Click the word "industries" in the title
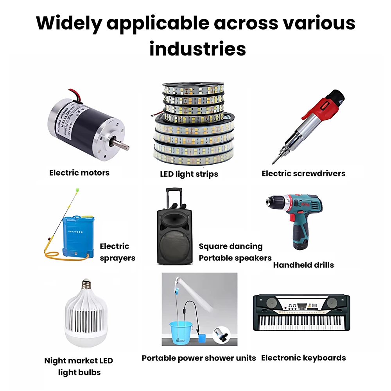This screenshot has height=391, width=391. pos(197,49)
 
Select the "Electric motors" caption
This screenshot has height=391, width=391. pos(79,172)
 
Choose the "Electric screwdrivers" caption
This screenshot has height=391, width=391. pos(303,173)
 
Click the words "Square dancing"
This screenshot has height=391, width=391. pos(231,246)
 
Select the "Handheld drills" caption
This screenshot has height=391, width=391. pos(303,265)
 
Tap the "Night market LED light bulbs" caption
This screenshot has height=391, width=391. pos(79,366)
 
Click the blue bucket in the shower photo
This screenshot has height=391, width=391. pos(180,332)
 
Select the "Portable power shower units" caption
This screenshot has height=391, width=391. pos(199,358)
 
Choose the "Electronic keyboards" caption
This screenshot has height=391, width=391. pos(303,357)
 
